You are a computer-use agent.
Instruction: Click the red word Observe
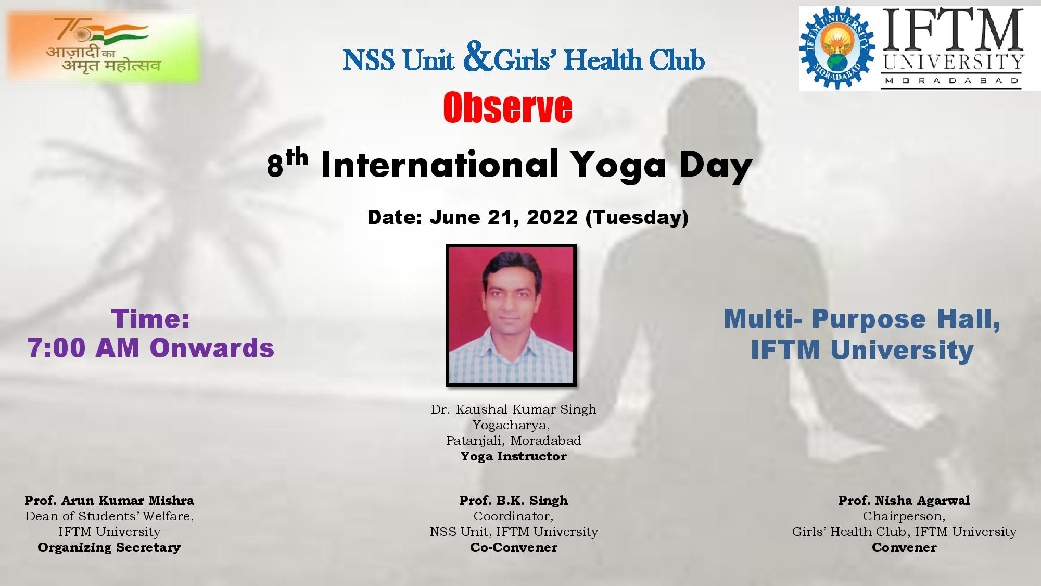507,108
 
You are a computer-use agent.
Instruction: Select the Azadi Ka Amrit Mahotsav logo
104,47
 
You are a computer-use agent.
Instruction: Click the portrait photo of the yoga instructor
511,315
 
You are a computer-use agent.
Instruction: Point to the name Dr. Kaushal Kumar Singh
514,409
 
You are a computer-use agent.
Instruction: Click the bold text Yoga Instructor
514,456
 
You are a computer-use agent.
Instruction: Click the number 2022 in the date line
552,217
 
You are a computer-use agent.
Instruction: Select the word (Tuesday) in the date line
637,218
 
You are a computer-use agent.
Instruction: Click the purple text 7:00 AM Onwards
151,348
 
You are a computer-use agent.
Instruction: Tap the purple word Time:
150,319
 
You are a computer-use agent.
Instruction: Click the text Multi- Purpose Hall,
862,319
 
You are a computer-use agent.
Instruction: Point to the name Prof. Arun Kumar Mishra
109,501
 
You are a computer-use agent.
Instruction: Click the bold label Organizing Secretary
109,547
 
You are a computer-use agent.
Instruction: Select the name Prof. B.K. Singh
514,501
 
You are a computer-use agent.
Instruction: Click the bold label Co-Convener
514,547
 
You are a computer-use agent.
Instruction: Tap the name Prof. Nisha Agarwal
904,501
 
